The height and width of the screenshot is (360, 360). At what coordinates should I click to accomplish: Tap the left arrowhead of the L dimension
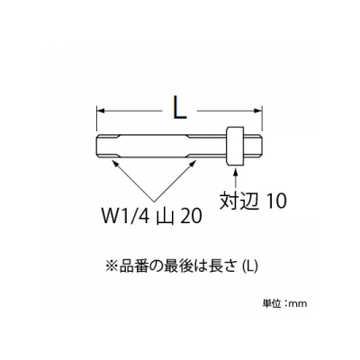click(101, 111)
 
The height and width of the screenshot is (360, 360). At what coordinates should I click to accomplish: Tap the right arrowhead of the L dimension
click(257, 111)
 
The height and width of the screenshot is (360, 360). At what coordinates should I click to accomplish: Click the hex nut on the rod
click(234, 146)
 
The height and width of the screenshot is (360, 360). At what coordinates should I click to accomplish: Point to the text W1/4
click(126, 216)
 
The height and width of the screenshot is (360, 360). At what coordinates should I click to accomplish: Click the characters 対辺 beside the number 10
click(239, 200)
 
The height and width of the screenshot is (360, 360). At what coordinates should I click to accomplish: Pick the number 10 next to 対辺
click(276, 201)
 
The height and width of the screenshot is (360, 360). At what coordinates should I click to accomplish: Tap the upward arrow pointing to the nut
click(236, 179)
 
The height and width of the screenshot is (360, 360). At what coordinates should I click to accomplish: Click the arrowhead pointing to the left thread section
click(115, 163)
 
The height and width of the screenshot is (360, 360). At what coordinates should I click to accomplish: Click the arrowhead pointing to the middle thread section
click(193, 163)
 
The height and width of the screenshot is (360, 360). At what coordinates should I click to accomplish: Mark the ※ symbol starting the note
click(111, 266)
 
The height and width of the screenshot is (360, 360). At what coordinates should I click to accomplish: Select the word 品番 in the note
click(130, 266)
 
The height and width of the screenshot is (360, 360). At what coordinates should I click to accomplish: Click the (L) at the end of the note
click(249, 266)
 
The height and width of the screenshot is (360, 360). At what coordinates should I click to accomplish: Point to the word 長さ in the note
click(228, 266)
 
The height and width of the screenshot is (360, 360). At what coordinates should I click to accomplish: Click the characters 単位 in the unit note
click(271, 303)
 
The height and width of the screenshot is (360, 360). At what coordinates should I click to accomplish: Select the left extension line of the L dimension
click(97, 118)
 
